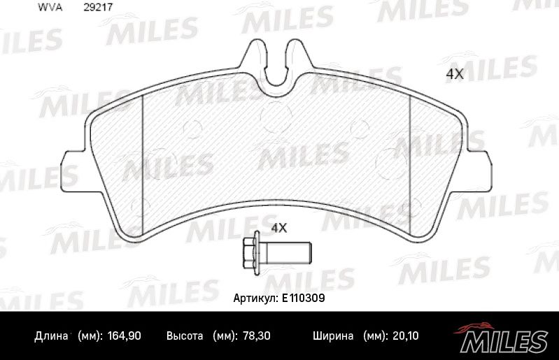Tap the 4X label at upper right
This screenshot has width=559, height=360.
click(455, 74)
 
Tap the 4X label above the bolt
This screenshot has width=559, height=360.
click(279, 227)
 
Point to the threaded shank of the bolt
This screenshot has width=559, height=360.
click(287, 249)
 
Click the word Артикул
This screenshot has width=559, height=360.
click(255, 298)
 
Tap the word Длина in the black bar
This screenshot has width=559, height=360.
click(51, 336)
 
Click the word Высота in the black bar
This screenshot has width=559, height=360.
click(185, 336)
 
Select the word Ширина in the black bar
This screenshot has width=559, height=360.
click(332, 336)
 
